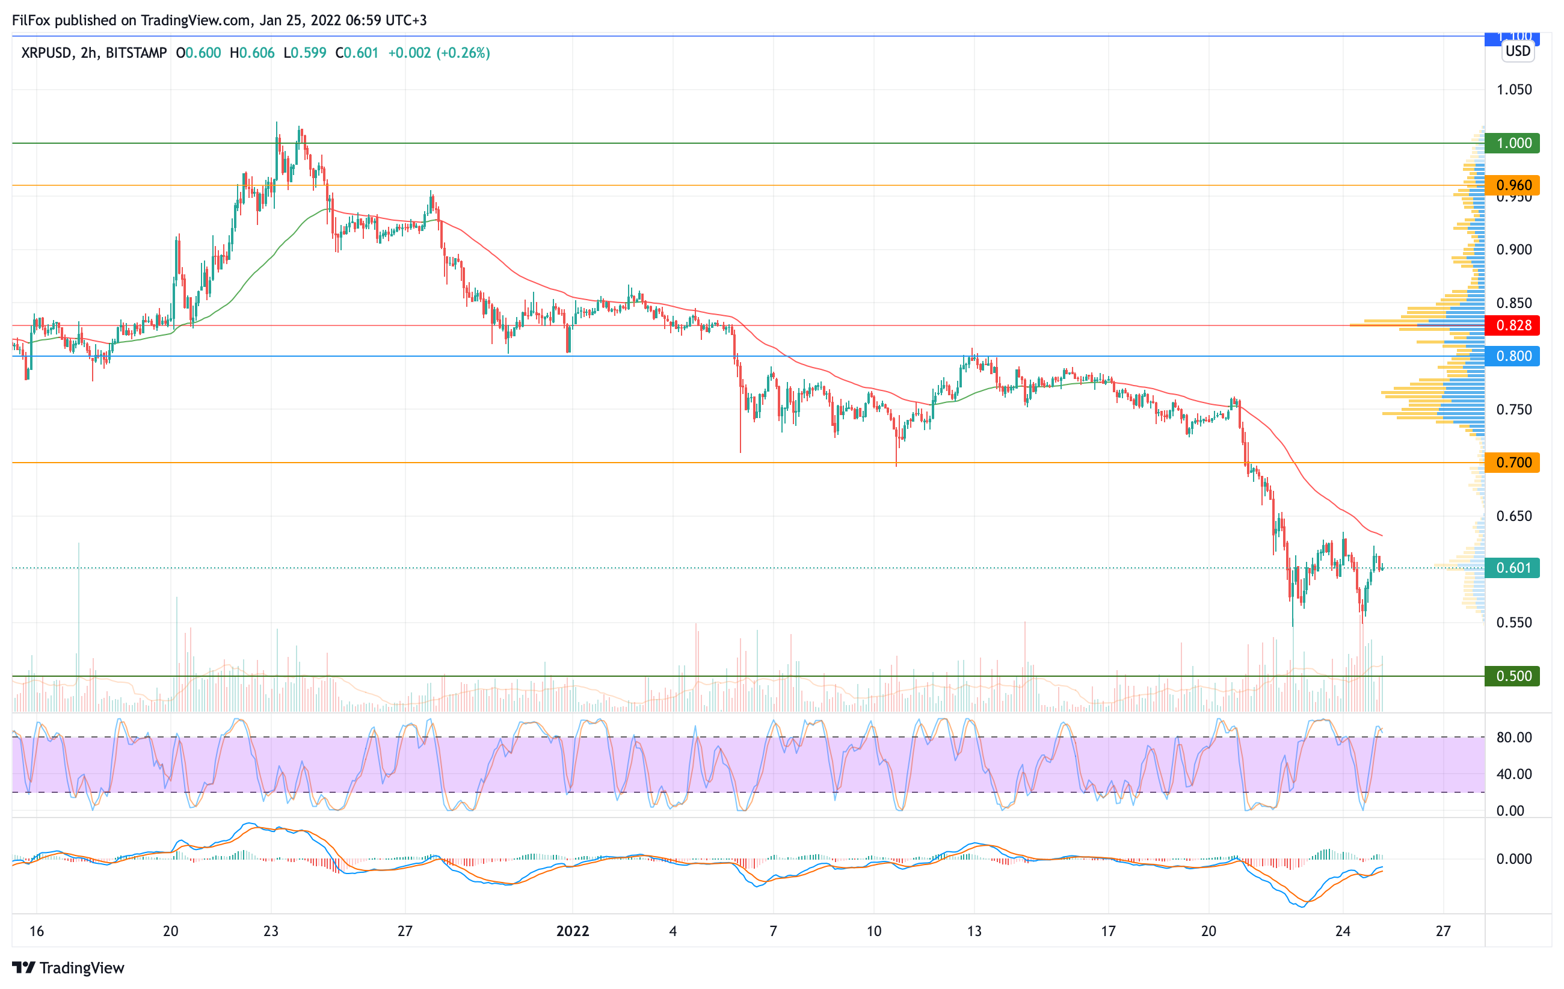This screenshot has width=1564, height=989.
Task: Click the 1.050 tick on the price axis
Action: (x=1513, y=90)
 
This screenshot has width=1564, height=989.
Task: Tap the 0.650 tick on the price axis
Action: (x=1513, y=516)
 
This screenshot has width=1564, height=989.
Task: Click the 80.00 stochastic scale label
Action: (x=1513, y=738)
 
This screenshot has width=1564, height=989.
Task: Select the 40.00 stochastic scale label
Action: (x=1513, y=774)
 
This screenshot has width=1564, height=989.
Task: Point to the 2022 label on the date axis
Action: (x=572, y=931)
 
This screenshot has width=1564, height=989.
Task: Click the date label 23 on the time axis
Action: (x=271, y=931)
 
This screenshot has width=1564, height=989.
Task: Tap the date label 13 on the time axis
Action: (x=974, y=931)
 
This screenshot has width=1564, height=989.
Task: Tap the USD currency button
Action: (x=1518, y=51)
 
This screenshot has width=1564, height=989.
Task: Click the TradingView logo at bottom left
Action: (x=68, y=967)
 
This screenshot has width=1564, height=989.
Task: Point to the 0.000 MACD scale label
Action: (x=1513, y=859)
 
